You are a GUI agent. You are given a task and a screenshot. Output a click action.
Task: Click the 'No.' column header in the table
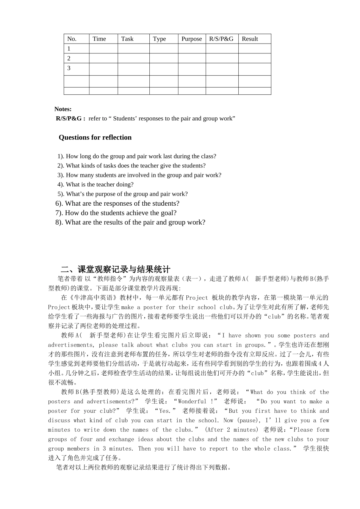click(72, 39)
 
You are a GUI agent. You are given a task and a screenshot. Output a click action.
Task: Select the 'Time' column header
click(99, 39)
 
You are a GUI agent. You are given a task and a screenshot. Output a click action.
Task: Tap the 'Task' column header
click(127, 39)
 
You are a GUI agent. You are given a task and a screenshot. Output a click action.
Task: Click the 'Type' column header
click(159, 39)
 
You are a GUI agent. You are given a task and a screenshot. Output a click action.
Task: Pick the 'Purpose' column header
click(191, 39)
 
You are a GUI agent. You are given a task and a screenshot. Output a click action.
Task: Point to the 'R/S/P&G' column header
click(221, 39)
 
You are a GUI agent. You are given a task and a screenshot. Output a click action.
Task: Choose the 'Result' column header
click(250, 39)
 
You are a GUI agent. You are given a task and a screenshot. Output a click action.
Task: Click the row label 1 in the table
click(69, 48)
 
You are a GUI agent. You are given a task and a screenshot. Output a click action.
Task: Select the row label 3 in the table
click(69, 68)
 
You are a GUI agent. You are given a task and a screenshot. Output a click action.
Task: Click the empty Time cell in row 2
click(103, 58)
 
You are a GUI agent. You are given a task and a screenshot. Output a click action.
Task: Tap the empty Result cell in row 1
click(254, 48)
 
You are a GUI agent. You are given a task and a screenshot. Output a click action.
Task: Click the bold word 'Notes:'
click(63, 109)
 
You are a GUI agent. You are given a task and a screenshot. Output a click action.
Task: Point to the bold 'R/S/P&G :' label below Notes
click(70, 119)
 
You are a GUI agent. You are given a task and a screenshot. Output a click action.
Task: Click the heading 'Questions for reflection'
click(95, 137)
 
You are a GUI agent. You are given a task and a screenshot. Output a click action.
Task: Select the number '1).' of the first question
click(61, 156)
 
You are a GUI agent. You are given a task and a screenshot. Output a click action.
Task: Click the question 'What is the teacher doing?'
click(100, 184)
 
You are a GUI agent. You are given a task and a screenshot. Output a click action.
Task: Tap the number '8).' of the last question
click(59, 222)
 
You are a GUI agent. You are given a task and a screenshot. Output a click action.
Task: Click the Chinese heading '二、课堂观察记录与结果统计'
click(116, 269)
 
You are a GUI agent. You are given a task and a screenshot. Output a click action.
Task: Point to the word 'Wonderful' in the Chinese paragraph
click(193, 401)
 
